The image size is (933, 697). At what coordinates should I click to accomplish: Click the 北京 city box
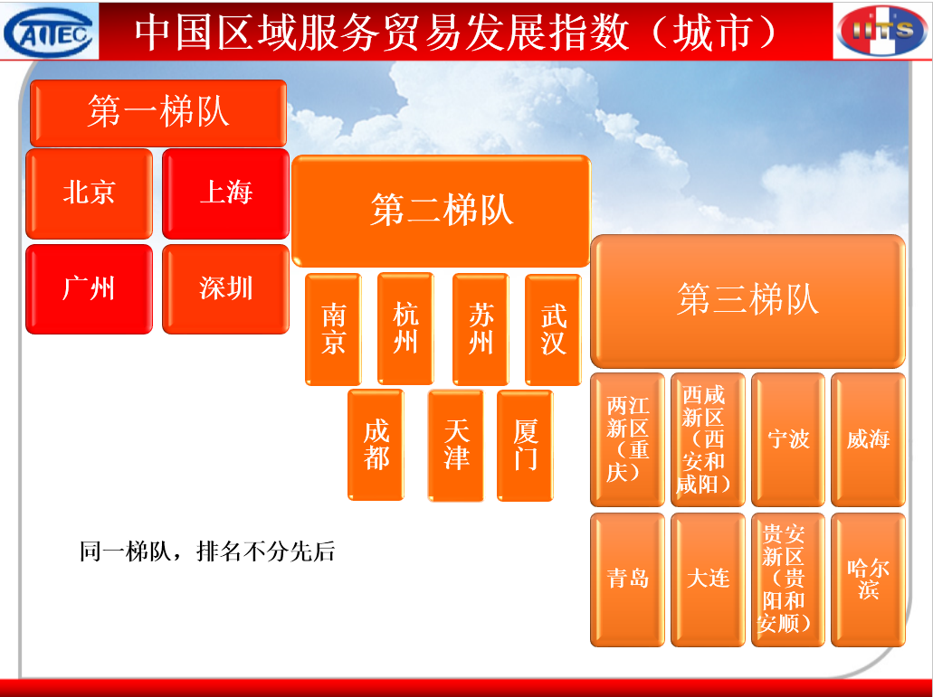click(x=90, y=193)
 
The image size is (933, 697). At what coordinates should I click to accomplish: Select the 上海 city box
click(x=225, y=193)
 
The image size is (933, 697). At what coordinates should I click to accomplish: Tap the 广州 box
click(x=90, y=288)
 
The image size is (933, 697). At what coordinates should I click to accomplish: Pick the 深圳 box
click(x=225, y=288)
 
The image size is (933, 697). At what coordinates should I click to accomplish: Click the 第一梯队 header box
click(x=158, y=113)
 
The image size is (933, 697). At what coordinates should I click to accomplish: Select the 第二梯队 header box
click(x=441, y=211)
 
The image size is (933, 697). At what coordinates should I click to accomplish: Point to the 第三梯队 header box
click(x=748, y=301)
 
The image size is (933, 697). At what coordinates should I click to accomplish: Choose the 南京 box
click(x=333, y=329)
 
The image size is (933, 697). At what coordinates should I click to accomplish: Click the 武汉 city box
click(x=553, y=329)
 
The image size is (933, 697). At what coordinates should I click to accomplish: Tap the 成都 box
click(x=376, y=445)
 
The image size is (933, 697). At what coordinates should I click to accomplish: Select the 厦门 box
click(x=525, y=445)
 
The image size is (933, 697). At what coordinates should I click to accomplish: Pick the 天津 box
click(x=456, y=445)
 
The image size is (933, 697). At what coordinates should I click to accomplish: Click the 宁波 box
click(x=788, y=439)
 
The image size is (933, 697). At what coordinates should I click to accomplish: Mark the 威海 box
click(x=868, y=439)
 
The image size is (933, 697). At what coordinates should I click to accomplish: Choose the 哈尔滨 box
click(x=868, y=580)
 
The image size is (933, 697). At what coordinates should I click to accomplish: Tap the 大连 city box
click(x=708, y=580)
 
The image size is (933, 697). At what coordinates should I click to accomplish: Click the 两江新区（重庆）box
click(x=628, y=439)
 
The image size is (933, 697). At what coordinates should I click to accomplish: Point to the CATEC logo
click(x=50, y=31)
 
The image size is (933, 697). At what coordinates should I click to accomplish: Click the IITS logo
click(x=883, y=31)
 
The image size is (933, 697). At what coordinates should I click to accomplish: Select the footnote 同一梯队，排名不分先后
click(x=207, y=551)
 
